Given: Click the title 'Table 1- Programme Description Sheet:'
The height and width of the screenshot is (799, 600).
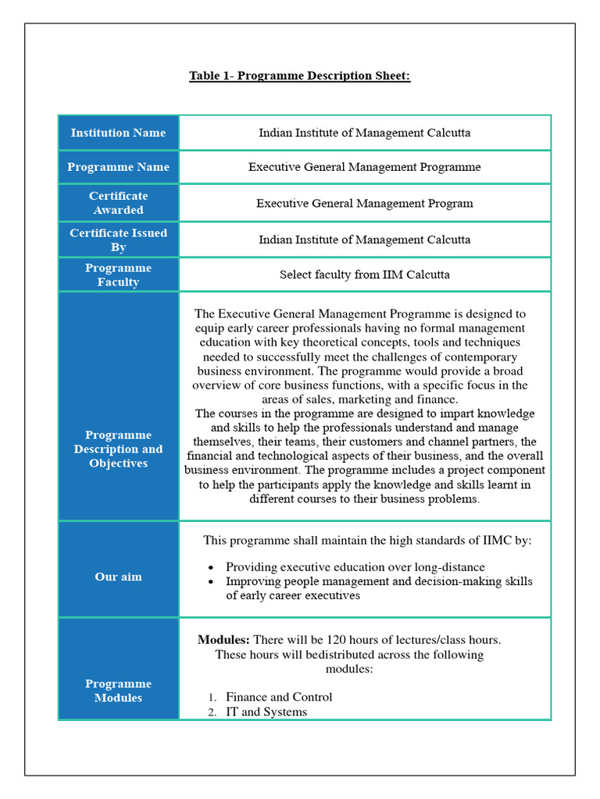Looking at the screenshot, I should point(299,76).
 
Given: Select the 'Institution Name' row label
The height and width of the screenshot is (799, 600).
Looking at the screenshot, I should point(118,133).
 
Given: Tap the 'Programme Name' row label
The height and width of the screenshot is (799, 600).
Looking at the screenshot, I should point(118,167).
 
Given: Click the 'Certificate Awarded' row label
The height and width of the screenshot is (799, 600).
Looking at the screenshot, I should point(118,203).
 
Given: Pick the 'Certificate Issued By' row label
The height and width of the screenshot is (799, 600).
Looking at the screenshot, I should point(118,240).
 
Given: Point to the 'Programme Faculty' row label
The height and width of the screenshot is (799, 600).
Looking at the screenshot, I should point(118,275).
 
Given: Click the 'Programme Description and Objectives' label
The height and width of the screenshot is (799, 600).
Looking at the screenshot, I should point(118,449).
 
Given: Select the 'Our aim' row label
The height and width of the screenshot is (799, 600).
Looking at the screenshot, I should point(118,577).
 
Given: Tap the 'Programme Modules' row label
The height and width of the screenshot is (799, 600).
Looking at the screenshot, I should point(118,691).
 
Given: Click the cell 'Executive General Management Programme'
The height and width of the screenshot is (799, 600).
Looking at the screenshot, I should point(364,167).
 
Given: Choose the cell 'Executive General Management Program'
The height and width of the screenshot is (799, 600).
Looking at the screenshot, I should point(364,204).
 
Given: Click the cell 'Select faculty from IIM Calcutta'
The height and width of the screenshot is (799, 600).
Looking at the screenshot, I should point(364,275).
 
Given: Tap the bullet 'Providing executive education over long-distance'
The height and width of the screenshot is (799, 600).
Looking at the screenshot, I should point(355,567).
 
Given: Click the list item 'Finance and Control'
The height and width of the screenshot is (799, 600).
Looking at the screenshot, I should point(279,697).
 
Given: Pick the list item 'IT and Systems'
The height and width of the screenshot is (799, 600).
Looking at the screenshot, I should point(266,712).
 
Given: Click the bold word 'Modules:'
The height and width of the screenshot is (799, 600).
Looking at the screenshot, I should point(223,640).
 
